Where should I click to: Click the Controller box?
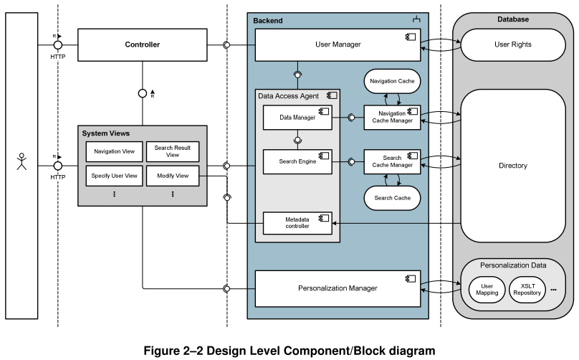[x=142, y=45]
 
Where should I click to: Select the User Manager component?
[x=338, y=45]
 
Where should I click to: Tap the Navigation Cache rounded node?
[x=392, y=82]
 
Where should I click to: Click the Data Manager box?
[x=297, y=118]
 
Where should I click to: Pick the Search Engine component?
[x=297, y=161]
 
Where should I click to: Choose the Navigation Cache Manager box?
[x=392, y=118]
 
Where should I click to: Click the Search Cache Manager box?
[x=392, y=161]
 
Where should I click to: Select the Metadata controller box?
[x=297, y=223]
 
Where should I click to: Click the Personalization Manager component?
[x=338, y=288]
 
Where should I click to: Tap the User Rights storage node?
[x=513, y=44]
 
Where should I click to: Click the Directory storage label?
[x=513, y=166]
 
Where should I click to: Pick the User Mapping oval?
[x=488, y=289]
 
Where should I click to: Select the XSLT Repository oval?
[x=527, y=289]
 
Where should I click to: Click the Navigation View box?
[x=114, y=151]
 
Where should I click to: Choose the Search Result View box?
[x=172, y=151]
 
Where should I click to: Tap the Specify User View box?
[x=114, y=176]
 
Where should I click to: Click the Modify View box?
[x=172, y=176]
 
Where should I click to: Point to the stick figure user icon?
[x=21, y=162]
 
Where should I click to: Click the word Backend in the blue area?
[x=268, y=21]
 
